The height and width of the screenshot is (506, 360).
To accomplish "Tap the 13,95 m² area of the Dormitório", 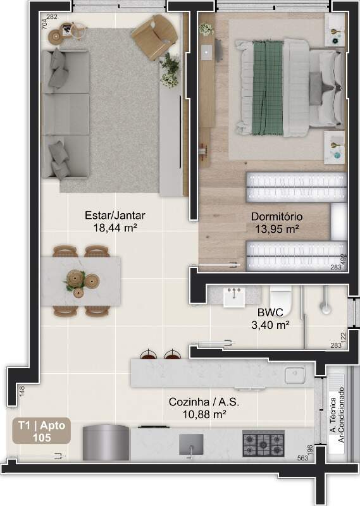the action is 276,229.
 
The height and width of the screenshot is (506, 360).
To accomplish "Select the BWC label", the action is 270,312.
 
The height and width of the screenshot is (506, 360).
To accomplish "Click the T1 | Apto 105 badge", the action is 42,431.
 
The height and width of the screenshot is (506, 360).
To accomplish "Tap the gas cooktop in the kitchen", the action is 263,444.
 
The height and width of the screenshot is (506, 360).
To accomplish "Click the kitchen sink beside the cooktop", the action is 191,445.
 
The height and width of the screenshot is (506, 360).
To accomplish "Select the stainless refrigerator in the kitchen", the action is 106,442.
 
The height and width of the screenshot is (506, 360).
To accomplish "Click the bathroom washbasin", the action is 233,297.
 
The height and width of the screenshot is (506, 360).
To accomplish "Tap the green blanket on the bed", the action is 268,87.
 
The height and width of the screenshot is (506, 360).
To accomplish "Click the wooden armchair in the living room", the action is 154,37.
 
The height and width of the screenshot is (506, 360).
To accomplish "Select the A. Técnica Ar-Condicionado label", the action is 337,415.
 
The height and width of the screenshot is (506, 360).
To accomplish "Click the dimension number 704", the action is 44,23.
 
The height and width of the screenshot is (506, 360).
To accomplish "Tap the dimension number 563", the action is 302,458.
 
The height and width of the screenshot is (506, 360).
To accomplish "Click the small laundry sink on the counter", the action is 294,374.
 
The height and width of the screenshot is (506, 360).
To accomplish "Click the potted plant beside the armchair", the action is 170,70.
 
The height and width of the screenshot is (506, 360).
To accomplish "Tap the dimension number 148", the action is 22,391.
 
